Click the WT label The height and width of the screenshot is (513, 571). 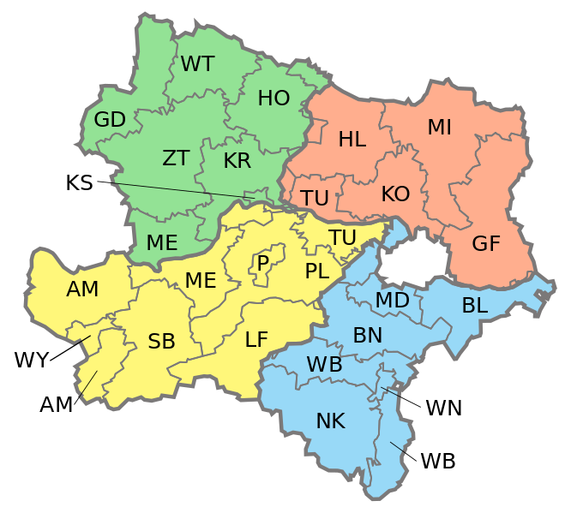pyautogui.click(x=197, y=64)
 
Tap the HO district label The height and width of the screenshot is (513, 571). pyautogui.click(x=273, y=98)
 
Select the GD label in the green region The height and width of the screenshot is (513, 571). pyautogui.click(x=110, y=120)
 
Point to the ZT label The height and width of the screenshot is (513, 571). pyautogui.click(x=176, y=158)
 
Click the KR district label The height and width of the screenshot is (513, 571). pyautogui.click(x=237, y=161)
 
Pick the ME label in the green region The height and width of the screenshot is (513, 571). pyautogui.click(x=161, y=242)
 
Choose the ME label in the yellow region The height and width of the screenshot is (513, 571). pyautogui.click(x=201, y=280)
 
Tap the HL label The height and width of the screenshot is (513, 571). pyautogui.click(x=352, y=140)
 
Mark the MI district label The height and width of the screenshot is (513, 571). pyautogui.click(x=439, y=128)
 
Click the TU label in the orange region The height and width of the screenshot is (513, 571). pyautogui.click(x=315, y=198)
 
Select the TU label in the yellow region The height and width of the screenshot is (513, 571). pyautogui.click(x=342, y=237)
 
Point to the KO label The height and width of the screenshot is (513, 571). pyautogui.click(x=395, y=194)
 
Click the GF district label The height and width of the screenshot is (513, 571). pyautogui.click(x=486, y=243)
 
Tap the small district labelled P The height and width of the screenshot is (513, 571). pyautogui.click(x=263, y=263)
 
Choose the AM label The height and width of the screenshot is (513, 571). pyautogui.click(x=82, y=289)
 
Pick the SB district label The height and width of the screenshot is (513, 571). pyautogui.click(x=161, y=342)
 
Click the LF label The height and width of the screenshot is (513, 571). pyautogui.click(x=256, y=339)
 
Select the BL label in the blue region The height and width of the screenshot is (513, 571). pyautogui.click(x=474, y=305)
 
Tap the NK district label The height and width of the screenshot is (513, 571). pyautogui.click(x=330, y=421)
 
